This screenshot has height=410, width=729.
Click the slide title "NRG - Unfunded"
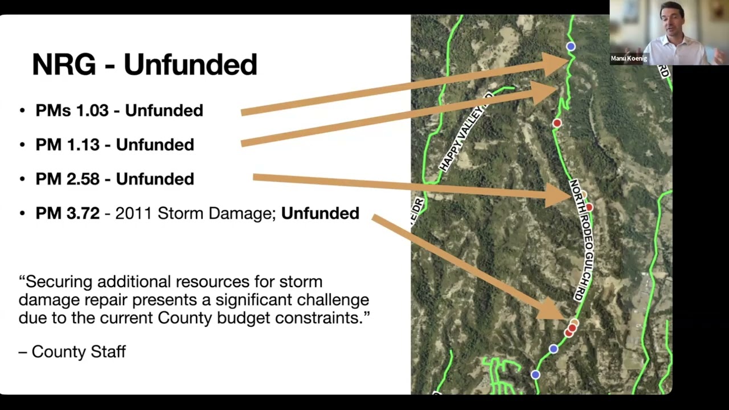click(145, 64)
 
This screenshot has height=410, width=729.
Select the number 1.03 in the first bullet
click(92, 110)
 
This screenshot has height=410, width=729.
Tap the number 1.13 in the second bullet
click(83, 145)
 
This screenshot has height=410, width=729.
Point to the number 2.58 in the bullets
click(83, 179)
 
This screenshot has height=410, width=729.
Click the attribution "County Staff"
click(79, 352)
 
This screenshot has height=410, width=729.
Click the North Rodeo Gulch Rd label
click(581, 240)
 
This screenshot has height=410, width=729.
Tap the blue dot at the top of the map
click(571, 47)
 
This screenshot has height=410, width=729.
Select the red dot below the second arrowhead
click(557, 123)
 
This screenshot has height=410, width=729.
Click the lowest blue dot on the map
click(535, 375)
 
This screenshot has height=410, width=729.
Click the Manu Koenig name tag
click(629, 59)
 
